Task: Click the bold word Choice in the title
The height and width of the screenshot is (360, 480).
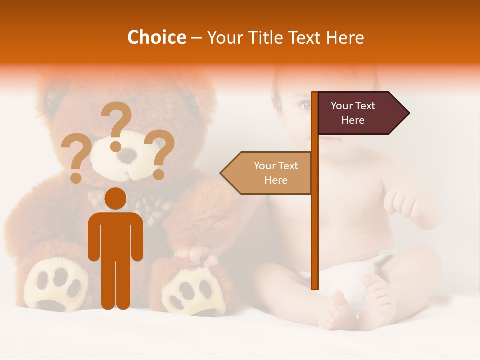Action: (x=156, y=37)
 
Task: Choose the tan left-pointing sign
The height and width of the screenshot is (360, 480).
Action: (x=267, y=173)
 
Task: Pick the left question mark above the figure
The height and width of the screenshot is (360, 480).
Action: (x=76, y=159)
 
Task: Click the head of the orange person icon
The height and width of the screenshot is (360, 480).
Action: (x=116, y=198)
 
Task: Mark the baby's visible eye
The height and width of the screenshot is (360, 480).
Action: (x=304, y=105)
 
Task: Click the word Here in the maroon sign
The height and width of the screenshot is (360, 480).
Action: (x=353, y=120)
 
